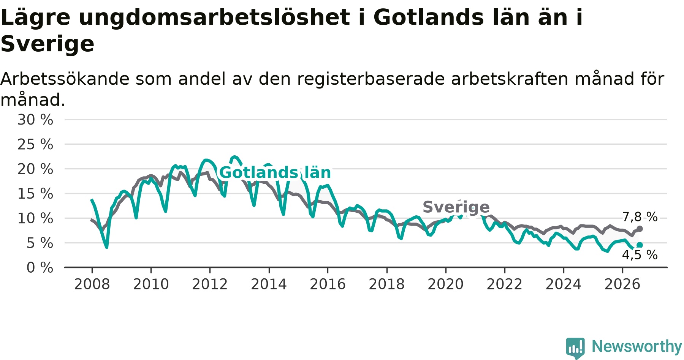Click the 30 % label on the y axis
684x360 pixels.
[x=35, y=120]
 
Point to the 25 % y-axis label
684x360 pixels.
[x=35, y=144]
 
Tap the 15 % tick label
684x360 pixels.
[x=35, y=194]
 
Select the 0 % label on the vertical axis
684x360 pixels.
[x=40, y=268]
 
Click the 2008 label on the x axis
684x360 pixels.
[x=92, y=284]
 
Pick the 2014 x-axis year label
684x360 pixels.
[x=269, y=284]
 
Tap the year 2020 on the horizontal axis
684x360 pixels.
[x=446, y=284]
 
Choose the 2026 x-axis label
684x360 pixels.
[x=622, y=284]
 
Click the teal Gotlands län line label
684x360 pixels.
[x=275, y=172]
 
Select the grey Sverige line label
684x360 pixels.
[x=456, y=207]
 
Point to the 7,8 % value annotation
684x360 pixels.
[x=640, y=217]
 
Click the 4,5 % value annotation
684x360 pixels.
[x=640, y=255]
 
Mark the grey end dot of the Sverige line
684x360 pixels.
[x=640, y=229]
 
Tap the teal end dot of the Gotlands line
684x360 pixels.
[x=640, y=245]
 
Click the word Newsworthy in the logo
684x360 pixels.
[x=637, y=346]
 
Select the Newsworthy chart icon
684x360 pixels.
[x=575, y=348]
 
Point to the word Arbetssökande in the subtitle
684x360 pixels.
[x=65, y=79]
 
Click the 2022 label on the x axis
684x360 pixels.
[x=505, y=284]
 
